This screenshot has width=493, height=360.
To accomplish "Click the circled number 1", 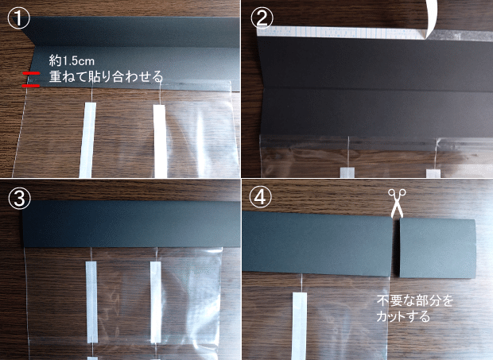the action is pos(18,18).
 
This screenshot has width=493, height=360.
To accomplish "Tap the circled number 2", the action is pos(262,18).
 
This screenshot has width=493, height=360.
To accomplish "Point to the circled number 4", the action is pos(260,197).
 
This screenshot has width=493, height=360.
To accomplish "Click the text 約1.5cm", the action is pos(72,61).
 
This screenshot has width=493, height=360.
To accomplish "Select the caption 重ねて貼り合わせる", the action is pos(106,76).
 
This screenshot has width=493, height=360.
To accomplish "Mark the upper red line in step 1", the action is pos(32,73).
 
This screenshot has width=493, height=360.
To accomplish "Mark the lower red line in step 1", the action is pos(31,86).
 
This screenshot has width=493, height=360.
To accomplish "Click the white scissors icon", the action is pos(397,203).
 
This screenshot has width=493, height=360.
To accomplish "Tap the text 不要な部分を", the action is pos(415,300).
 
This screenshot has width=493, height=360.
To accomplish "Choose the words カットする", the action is pos(403,316).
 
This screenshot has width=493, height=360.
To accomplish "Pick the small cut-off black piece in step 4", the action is pos(437,248).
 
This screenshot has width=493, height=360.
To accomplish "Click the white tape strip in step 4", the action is pos(299,326).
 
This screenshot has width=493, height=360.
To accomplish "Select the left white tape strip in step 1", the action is pos(87,140).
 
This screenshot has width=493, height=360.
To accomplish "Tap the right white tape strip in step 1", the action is pos(160,141).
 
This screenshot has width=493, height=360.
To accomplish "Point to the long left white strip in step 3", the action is pos(91,302).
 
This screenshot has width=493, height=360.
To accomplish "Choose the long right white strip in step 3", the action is pos(156,302).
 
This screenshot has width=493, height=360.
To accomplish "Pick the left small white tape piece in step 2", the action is pos(347,172).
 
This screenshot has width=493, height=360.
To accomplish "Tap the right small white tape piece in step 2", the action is pos(433,173).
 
